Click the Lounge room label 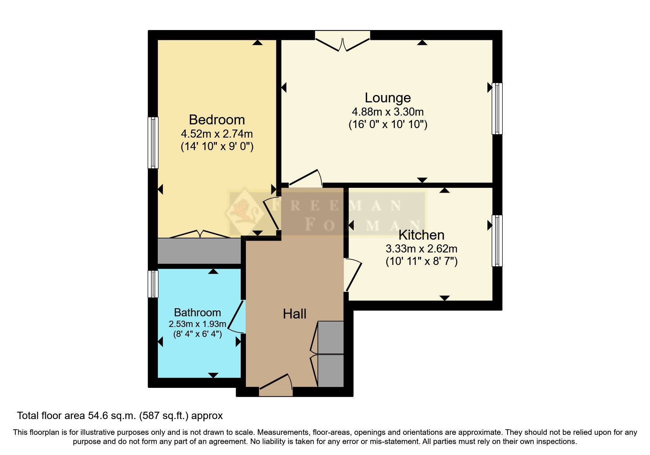point(388,98)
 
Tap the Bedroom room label point(217,120)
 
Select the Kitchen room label point(421,235)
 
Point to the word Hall point(294,314)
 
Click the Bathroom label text point(197,312)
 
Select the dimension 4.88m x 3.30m point(388,112)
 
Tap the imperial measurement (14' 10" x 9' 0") point(217,146)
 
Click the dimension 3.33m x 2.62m point(421,249)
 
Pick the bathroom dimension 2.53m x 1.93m point(197,324)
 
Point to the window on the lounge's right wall point(497,109)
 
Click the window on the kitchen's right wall point(497,241)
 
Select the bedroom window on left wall point(153,143)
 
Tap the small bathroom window point(153,284)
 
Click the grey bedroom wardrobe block point(199,251)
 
